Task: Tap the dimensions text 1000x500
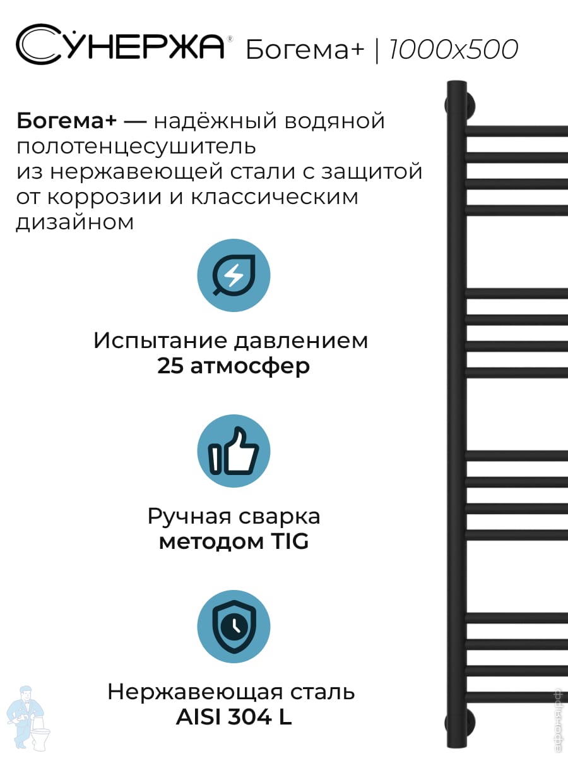click(454, 49)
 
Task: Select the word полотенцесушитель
click(136, 146)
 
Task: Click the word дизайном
click(74, 222)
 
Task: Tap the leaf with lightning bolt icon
click(234, 275)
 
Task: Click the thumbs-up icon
click(234, 451)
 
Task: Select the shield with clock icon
click(234, 627)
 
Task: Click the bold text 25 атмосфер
click(234, 366)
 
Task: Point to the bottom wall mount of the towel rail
click(459, 723)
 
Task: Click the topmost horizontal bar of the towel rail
click(518, 131)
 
